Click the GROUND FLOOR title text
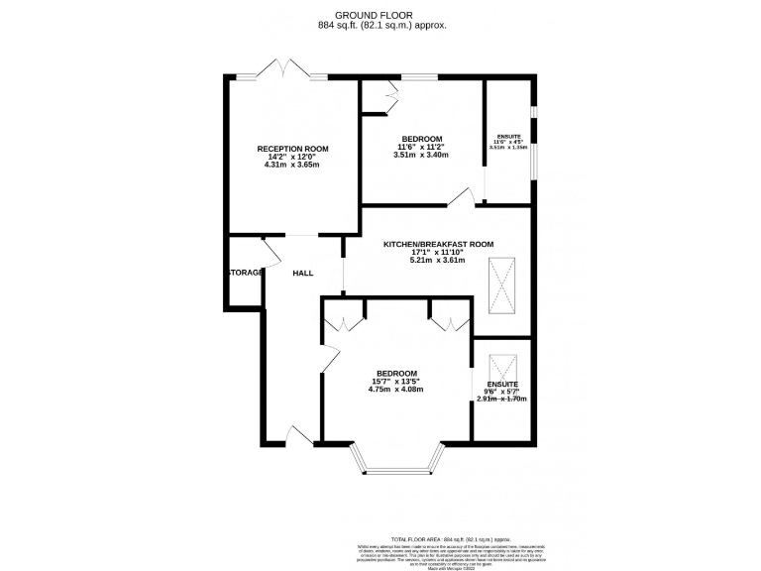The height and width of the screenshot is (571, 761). click(380, 15)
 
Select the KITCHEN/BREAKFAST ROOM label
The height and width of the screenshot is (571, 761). click(438, 244)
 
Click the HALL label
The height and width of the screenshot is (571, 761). click(302, 273)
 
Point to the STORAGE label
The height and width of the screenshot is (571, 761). click(246, 273)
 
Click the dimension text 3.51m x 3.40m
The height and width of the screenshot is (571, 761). click(421, 155)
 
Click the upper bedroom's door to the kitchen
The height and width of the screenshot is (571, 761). click(461, 199)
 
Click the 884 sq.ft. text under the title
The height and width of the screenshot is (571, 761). click(380, 26)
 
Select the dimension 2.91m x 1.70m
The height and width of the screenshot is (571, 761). click(501, 399)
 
